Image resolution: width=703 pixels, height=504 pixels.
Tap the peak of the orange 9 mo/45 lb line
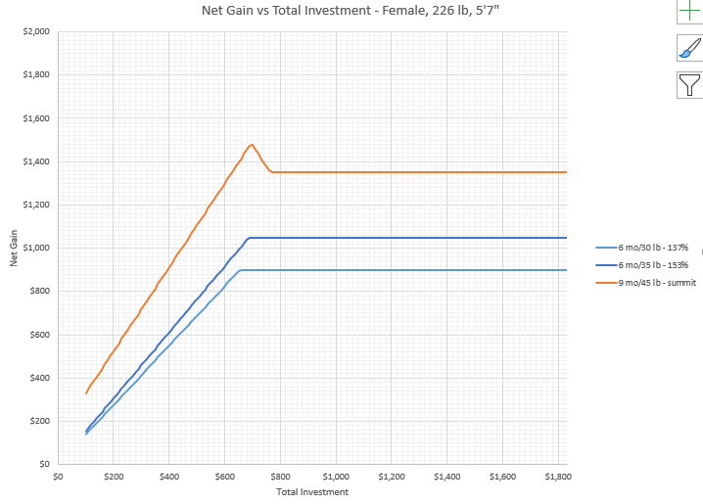[252, 145]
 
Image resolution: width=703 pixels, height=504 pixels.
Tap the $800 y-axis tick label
[39, 291]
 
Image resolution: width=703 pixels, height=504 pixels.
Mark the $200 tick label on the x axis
[114, 477]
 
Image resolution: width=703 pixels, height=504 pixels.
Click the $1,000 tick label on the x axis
[336, 477]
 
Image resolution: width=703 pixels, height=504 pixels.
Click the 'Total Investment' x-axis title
[312, 492]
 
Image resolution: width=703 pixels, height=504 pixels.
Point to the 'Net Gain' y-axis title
[15, 248]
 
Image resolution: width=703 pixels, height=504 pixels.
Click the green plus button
[690, 12]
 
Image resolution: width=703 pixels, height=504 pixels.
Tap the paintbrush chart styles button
[690, 49]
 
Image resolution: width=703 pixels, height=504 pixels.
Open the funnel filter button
[690, 86]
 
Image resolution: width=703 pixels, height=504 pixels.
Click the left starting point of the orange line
[86, 393]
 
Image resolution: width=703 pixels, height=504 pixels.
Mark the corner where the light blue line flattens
[241, 270]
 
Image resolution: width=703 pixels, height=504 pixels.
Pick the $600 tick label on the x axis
[224, 477]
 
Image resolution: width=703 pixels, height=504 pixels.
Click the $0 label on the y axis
[44, 464]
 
